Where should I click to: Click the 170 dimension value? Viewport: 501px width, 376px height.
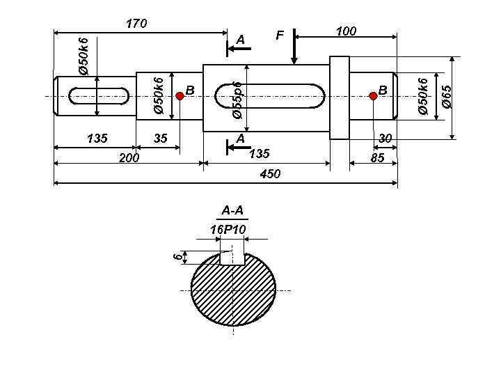[136, 24]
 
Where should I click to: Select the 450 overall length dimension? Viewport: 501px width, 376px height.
[270, 174]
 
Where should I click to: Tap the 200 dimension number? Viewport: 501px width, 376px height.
[129, 157]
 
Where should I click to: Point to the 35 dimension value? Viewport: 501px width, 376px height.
[161, 138]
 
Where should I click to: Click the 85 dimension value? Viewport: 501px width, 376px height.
[377, 157]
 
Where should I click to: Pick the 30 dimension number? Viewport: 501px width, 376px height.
[385, 139]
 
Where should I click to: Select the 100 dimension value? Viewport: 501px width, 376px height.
[346, 31]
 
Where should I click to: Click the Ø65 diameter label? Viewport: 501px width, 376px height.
[446, 96]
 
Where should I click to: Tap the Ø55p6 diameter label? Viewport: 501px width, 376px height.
[238, 100]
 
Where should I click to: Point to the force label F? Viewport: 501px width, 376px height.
[280, 36]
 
